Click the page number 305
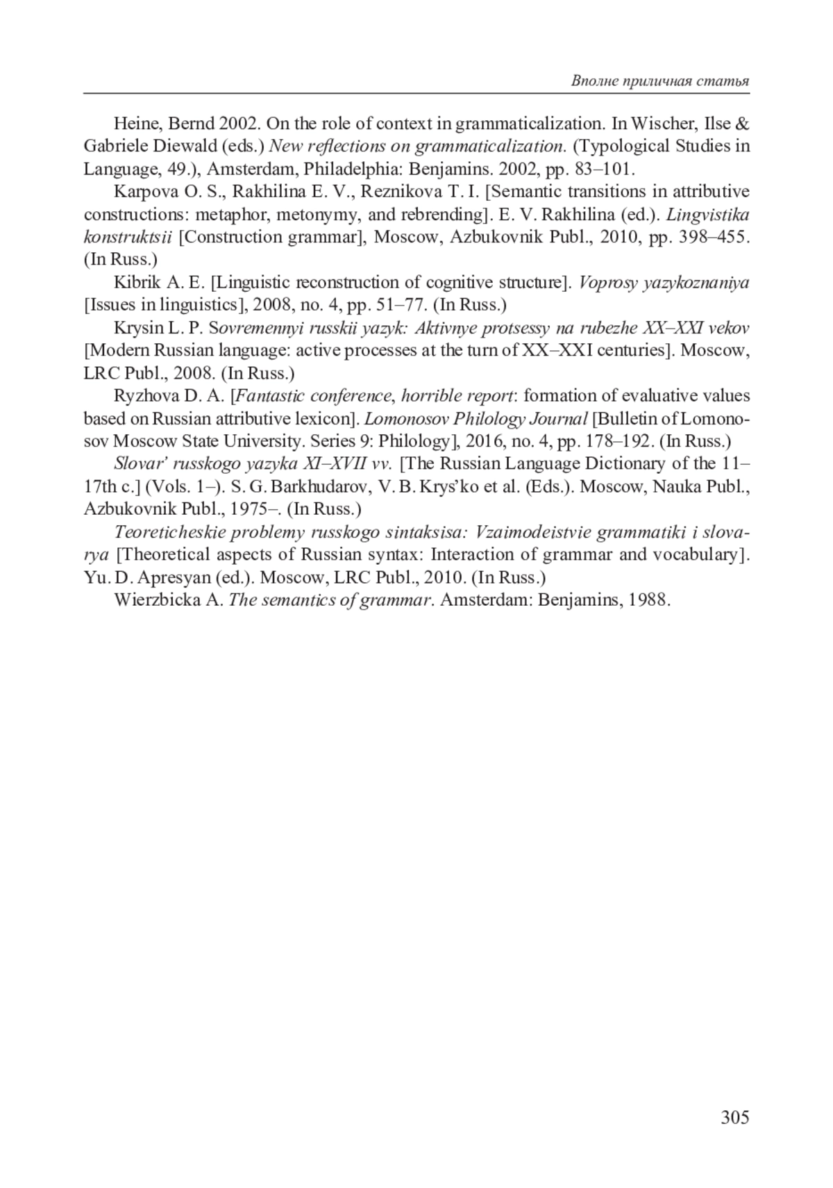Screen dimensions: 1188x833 point(734,1117)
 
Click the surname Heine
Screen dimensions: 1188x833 point(137,124)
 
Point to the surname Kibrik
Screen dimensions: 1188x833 point(136,283)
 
